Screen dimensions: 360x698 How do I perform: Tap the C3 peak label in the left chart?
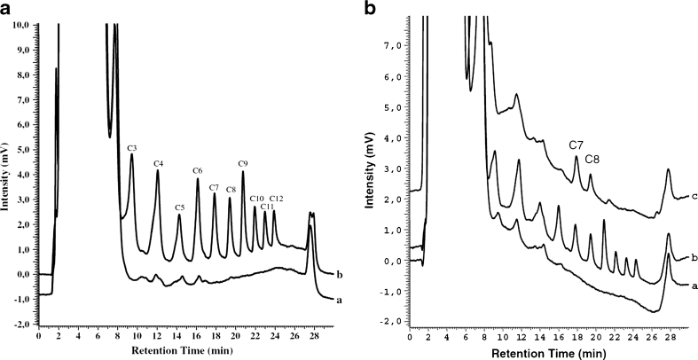pos(132,146)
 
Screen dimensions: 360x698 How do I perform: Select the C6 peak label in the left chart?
pos(198,170)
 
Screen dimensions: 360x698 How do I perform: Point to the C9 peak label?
pos(243,163)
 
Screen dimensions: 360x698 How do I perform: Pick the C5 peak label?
pos(179,207)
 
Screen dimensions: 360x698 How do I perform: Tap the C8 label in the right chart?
pos(592,160)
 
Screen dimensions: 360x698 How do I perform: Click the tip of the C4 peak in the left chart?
pos(158,171)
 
